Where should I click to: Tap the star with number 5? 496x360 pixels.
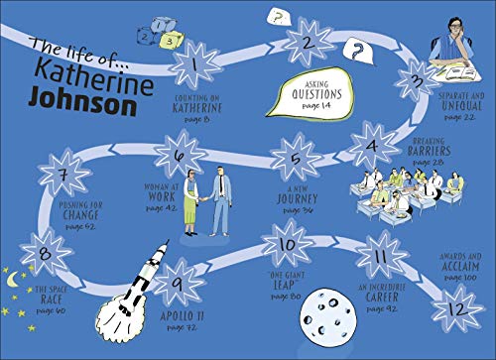(290, 160)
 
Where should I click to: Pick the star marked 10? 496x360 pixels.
(286, 245)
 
